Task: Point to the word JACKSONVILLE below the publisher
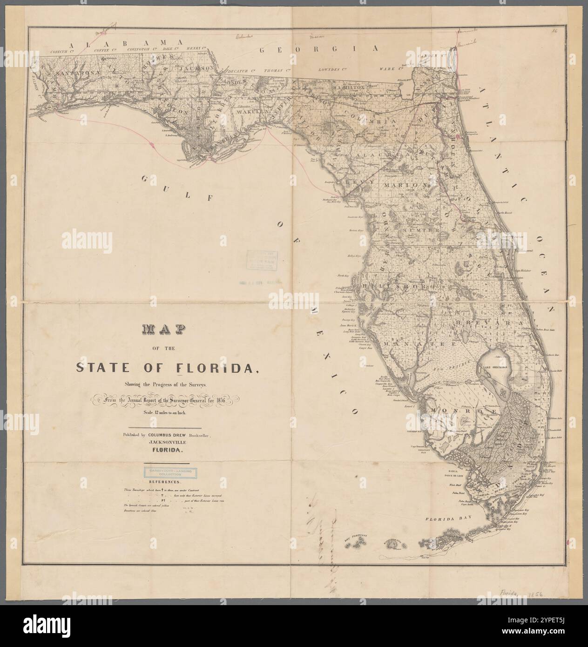166,443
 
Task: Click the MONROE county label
447,410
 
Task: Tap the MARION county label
406,185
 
